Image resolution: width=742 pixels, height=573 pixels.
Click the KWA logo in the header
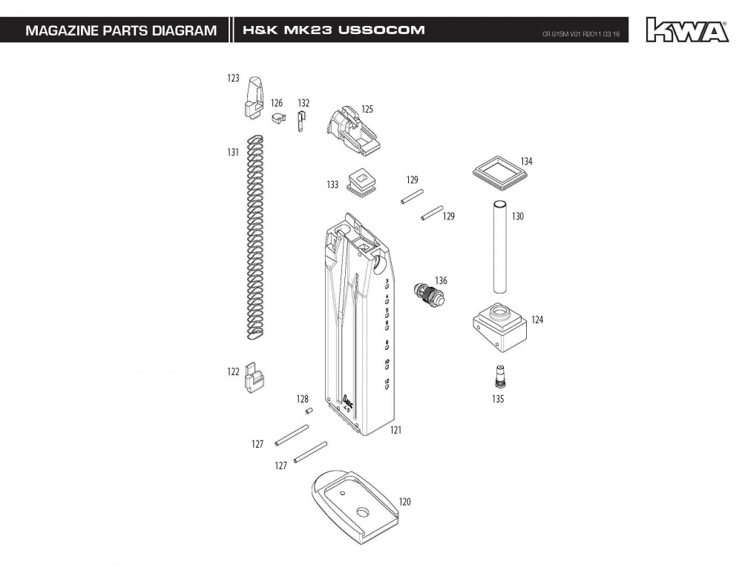click(686, 30)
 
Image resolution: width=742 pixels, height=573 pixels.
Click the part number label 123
click(233, 78)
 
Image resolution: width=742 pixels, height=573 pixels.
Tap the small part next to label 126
click(278, 118)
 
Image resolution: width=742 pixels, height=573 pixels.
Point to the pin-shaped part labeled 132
click(301, 122)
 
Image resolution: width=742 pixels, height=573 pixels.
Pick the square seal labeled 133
click(361, 182)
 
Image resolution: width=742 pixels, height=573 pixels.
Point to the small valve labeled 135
click(498, 376)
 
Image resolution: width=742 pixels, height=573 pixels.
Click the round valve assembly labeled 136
click(427, 294)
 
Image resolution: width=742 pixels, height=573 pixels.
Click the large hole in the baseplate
click(363, 512)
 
